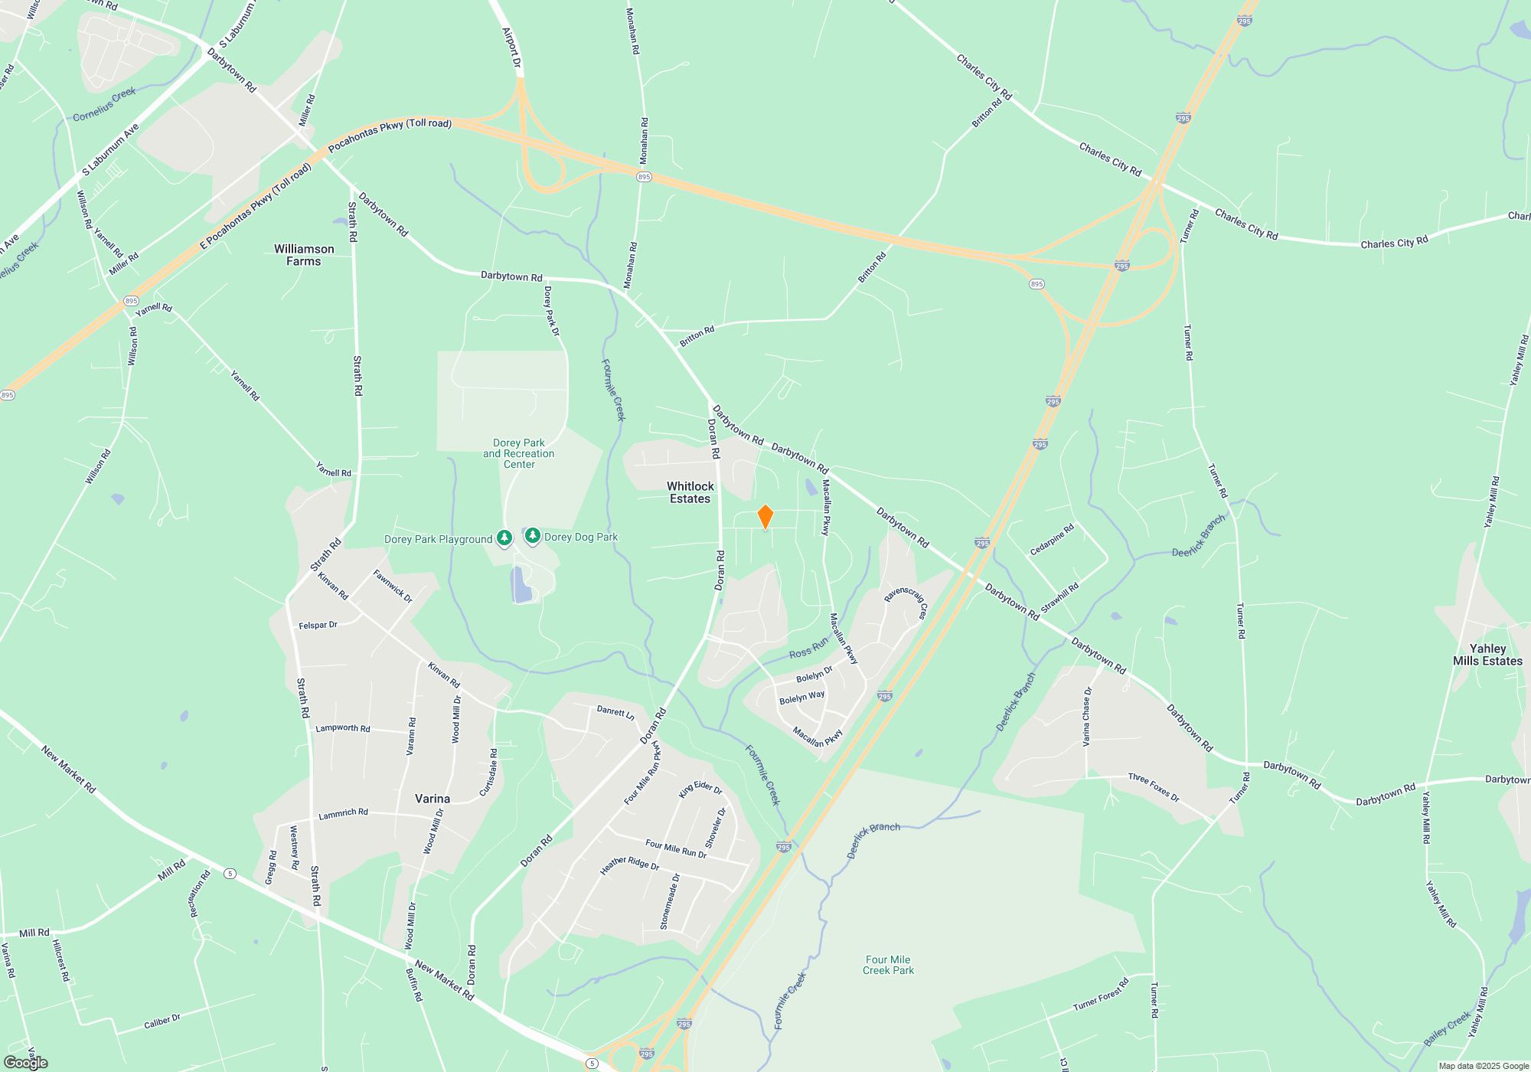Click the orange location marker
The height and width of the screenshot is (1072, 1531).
pos(765,517)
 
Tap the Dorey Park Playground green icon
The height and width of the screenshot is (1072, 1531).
pos(504,538)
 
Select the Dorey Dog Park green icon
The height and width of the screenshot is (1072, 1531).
pos(533,536)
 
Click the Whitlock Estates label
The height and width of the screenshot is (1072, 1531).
pos(690,492)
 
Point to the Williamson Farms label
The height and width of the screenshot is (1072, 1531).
pos(304,255)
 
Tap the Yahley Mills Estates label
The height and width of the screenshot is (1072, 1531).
pos(1487,655)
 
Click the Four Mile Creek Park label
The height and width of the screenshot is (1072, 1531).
pos(888,965)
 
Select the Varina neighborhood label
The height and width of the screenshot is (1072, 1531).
pos(433,799)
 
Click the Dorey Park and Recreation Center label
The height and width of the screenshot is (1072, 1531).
pos(519,453)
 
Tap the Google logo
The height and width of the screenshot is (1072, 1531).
pos(26,1063)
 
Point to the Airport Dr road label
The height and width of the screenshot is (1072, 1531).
pos(511,47)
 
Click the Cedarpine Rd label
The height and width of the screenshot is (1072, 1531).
pos(1052,539)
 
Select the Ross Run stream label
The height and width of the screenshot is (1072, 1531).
pos(808,648)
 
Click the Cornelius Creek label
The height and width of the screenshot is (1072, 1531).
pos(104,105)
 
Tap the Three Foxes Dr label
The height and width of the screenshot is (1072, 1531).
pos(1154,787)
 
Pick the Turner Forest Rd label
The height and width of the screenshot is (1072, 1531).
pos(1101,994)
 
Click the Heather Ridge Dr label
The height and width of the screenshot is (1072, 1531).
pos(629,864)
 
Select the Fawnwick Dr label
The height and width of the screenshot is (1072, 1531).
pos(393,586)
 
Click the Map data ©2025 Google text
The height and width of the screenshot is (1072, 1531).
pos(1484,1066)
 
